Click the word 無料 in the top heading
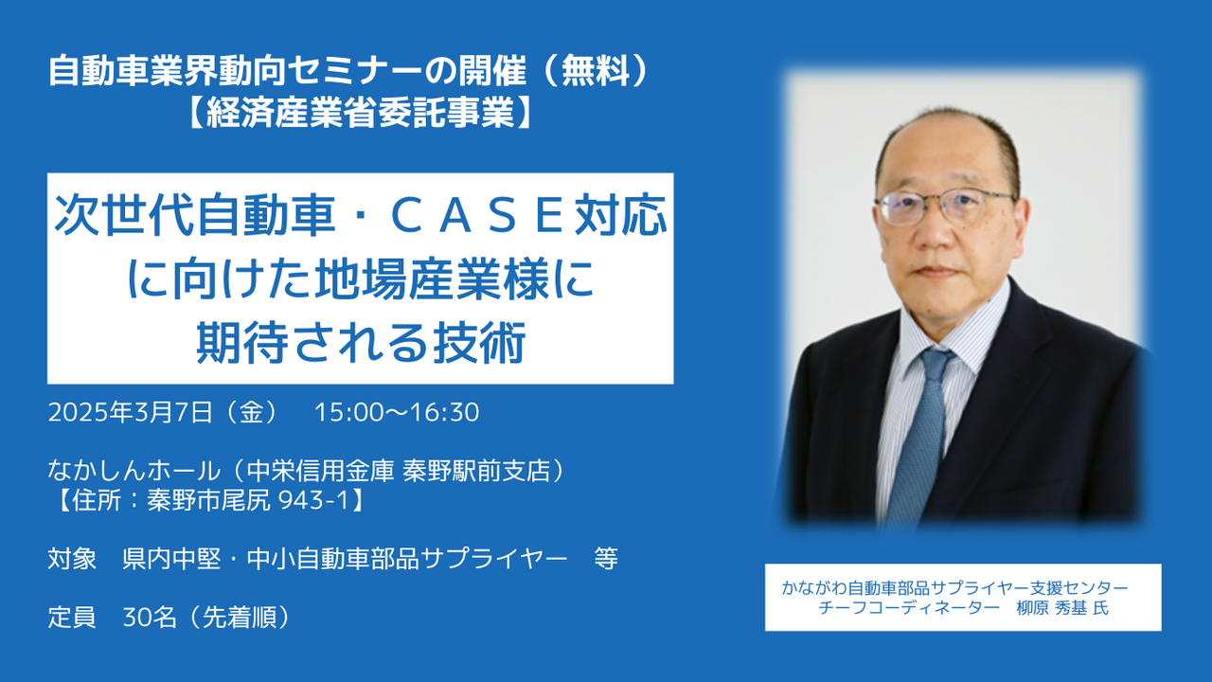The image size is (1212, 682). click(x=596, y=71)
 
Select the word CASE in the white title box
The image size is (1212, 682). click(x=478, y=216)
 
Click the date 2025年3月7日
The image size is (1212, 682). click(x=131, y=412)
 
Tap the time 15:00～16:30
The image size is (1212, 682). click(x=397, y=412)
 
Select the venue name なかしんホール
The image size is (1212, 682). click(x=134, y=471)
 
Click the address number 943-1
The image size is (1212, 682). click(x=313, y=501)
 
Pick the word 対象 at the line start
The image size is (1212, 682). click(x=73, y=559)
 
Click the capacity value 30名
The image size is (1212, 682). click(x=150, y=617)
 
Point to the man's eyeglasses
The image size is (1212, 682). click(x=945, y=206)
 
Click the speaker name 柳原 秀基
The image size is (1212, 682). click(x=1051, y=608)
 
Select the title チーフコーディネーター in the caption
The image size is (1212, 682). click(x=908, y=608)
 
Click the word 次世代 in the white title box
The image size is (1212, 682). click(x=124, y=216)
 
